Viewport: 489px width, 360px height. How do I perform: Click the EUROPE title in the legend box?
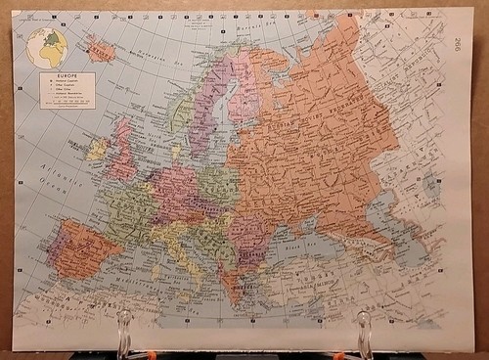69,76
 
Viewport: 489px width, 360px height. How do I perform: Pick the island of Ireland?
99,149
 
